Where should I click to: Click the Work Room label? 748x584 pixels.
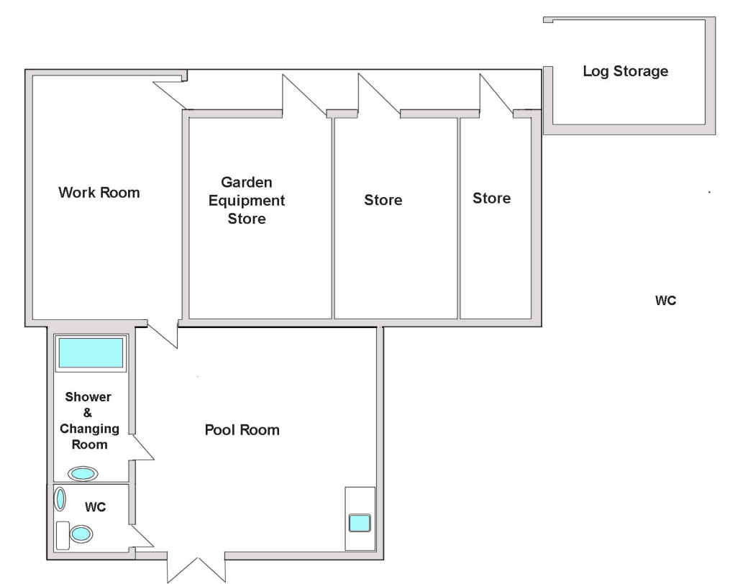point(99,192)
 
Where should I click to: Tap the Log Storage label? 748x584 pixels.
point(626,71)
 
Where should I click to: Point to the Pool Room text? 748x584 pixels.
point(242,430)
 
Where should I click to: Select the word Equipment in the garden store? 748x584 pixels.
point(247,201)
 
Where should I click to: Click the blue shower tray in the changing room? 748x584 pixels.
point(91,352)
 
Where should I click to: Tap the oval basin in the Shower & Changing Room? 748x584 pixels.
point(83,474)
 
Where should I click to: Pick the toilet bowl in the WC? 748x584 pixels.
point(81,534)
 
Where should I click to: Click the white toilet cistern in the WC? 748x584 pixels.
point(63,535)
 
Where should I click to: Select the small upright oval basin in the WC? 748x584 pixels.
point(60,499)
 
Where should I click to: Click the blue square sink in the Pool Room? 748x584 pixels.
point(360,523)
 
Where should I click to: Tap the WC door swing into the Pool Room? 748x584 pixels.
point(142,537)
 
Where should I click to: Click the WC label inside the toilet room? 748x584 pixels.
point(96,507)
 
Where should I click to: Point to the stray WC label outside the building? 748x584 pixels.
point(665,301)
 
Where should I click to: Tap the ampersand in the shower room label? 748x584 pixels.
point(88,413)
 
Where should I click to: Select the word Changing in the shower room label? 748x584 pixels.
point(90,429)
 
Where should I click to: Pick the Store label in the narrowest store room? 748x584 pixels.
point(491,198)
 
